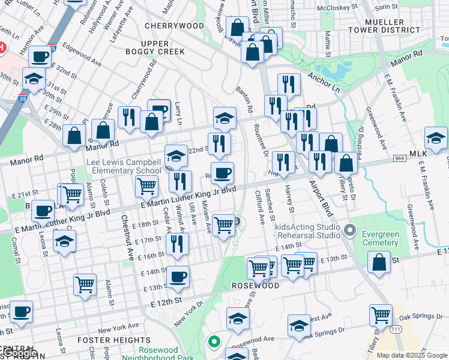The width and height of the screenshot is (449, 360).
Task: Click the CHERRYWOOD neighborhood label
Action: pos(174,26)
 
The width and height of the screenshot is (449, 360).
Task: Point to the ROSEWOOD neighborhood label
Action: pos(256,286)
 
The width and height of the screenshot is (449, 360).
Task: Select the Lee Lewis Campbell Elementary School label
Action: pos(124,166)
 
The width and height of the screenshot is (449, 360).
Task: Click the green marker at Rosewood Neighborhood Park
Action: pos(212,343)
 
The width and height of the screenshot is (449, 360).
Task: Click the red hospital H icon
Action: pos(2,47)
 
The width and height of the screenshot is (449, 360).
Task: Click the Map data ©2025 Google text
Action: pos(411,355)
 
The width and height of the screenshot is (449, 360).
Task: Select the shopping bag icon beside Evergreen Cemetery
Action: pos(379,263)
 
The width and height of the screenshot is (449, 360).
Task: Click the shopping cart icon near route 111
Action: pos(381,314)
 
